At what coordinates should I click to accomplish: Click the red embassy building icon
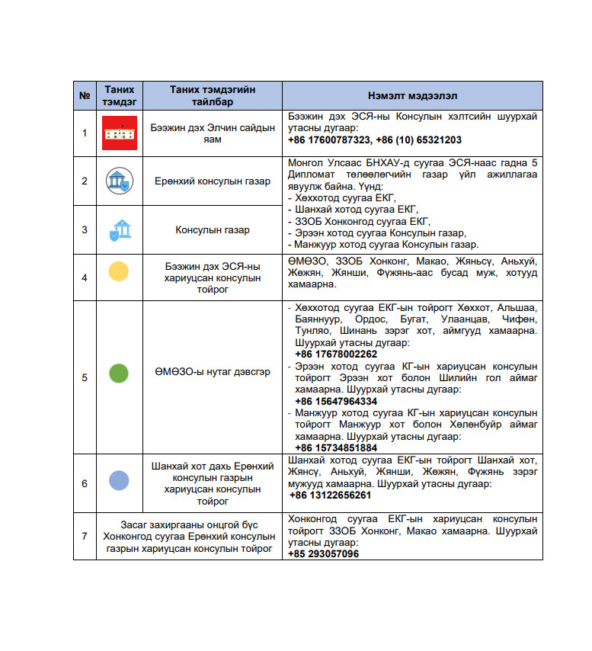(x=120, y=133)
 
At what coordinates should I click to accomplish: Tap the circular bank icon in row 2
(x=119, y=181)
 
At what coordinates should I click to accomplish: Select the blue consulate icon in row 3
(x=119, y=229)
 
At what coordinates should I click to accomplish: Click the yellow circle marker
(x=119, y=272)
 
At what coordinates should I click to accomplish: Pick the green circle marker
(x=119, y=374)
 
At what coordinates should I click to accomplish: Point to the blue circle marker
(x=119, y=481)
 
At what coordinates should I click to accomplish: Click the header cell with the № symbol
(x=85, y=96)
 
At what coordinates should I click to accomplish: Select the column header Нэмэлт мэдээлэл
(x=412, y=96)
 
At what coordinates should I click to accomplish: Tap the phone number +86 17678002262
(x=336, y=354)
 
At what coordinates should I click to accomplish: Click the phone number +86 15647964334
(x=336, y=401)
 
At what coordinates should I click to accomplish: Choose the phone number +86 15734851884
(x=336, y=447)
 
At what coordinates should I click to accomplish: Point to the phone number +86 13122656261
(x=330, y=495)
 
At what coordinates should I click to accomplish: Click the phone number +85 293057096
(x=324, y=554)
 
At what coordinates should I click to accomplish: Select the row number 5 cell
(x=85, y=377)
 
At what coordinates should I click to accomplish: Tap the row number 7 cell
(x=85, y=536)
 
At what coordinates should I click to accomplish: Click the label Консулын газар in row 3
(x=213, y=229)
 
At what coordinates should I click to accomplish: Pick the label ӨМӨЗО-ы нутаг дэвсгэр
(x=213, y=374)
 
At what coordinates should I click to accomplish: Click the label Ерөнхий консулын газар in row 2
(x=213, y=181)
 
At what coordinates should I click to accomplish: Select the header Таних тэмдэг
(x=120, y=96)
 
